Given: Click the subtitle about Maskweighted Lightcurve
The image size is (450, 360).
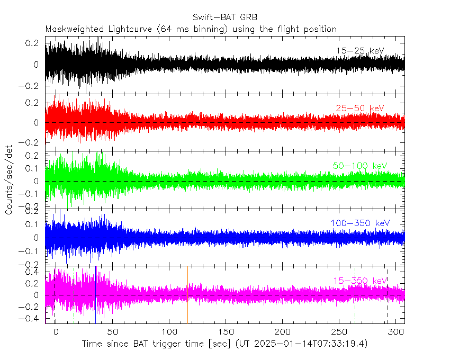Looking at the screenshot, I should [x=191, y=29].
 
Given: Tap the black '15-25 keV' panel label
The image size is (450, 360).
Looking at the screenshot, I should [x=360, y=51].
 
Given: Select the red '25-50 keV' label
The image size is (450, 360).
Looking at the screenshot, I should [x=360, y=109].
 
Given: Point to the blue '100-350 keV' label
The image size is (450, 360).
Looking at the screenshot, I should [x=360, y=223].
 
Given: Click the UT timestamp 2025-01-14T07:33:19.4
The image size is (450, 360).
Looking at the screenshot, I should [x=302, y=344].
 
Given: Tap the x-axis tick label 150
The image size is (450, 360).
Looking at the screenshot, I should [x=226, y=331].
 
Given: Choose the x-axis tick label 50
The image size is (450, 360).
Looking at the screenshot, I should [x=112, y=331].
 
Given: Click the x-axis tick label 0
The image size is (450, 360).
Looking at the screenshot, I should [x=56, y=331].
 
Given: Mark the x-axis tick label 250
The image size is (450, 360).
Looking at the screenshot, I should [x=339, y=331].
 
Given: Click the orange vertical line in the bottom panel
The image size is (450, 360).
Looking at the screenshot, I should [x=187, y=294].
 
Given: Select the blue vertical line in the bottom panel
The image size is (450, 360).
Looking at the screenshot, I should [x=95, y=294].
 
